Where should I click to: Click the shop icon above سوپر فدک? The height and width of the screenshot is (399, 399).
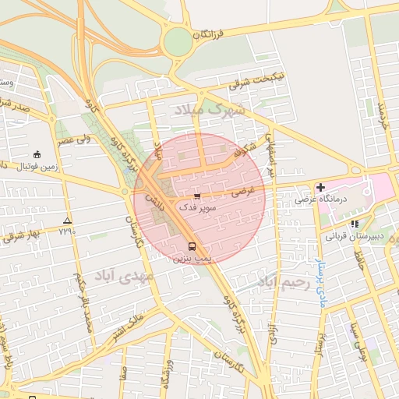(x=197, y=196)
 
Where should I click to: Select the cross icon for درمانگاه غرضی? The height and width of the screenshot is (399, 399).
(x=320, y=187)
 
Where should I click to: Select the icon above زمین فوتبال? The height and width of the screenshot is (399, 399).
(x=37, y=154)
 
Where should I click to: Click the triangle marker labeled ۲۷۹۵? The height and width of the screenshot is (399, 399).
(x=67, y=221)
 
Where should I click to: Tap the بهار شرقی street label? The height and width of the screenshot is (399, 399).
(x=19, y=235)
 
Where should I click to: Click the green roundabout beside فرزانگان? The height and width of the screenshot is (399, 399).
(x=178, y=41)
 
